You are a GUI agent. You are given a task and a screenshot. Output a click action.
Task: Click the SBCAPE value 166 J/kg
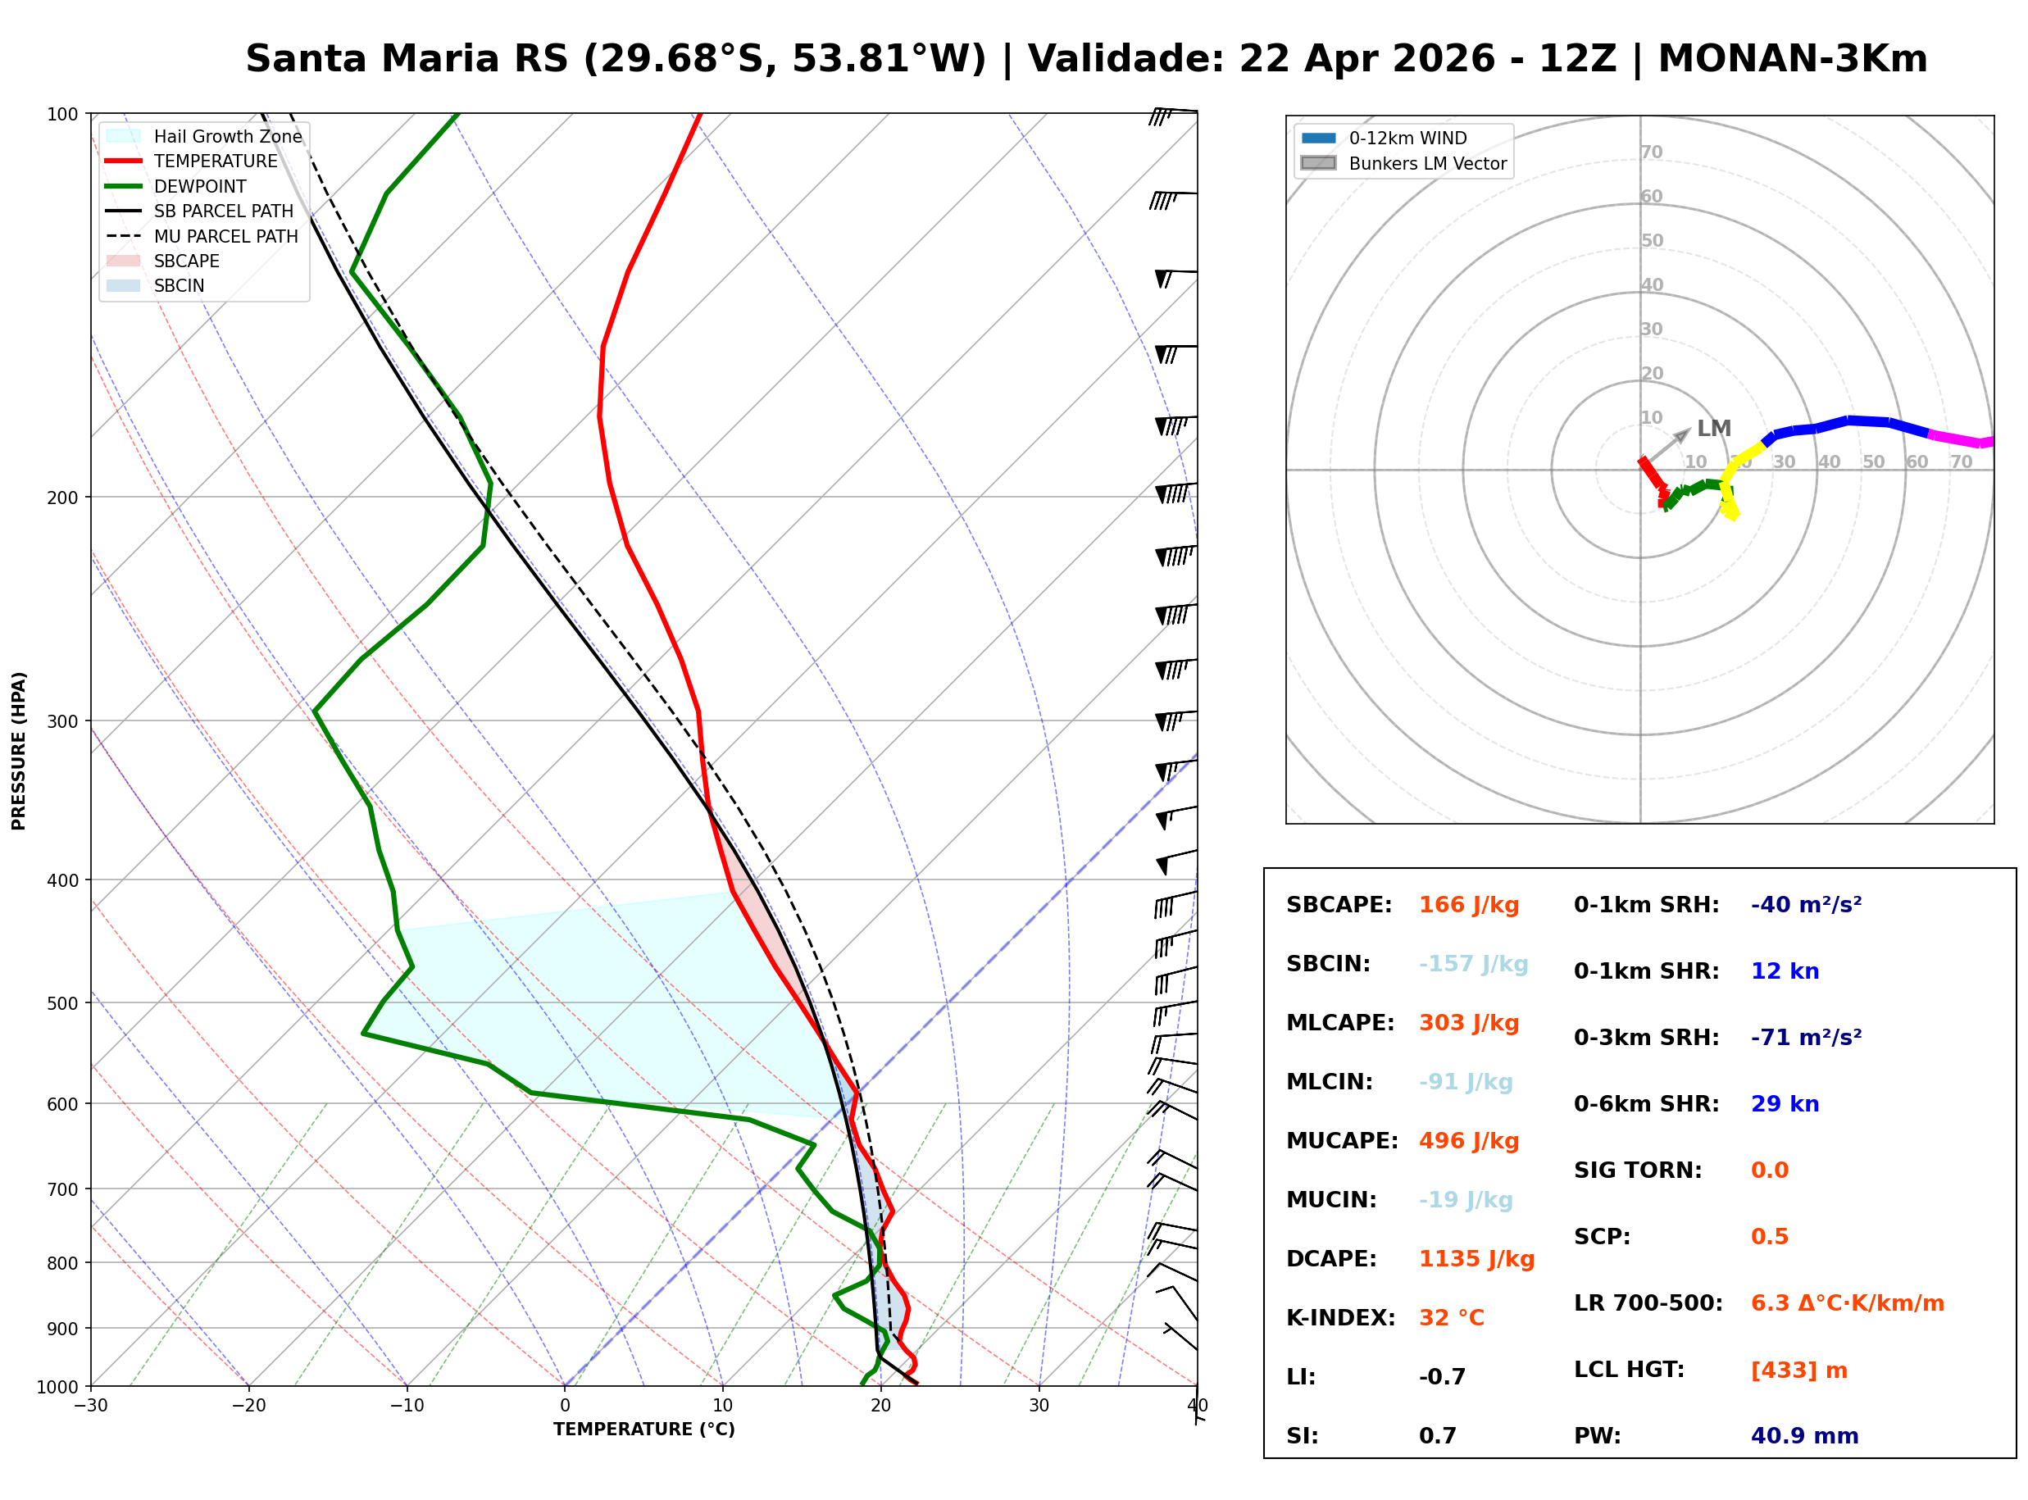tap(1468, 905)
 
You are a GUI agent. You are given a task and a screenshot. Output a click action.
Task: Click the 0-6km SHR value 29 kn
tap(1784, 1104)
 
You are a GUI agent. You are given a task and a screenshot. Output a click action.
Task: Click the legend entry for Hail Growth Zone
tap(227, 136)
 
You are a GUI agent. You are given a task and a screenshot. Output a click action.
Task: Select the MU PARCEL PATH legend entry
tap(225, 236)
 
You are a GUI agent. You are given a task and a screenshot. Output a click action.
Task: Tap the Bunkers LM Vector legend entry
tap(1427, 163)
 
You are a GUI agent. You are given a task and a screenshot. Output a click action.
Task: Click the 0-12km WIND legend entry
tap(1407, 138)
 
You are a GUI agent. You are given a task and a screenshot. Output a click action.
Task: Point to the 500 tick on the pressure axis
tap(61, 1003)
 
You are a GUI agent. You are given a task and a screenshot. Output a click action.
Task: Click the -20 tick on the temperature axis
tap(248, 1407)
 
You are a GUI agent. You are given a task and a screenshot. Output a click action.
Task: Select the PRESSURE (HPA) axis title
tap(19, 751)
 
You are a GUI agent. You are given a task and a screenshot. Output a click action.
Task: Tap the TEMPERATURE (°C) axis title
tap(643, 1430)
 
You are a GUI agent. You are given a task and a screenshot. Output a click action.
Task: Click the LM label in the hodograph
tap(1714, 429)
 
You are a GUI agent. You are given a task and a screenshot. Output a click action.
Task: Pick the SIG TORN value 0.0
tap(1769, 1170)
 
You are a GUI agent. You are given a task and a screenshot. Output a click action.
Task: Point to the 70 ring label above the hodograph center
tap(1651, 152)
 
